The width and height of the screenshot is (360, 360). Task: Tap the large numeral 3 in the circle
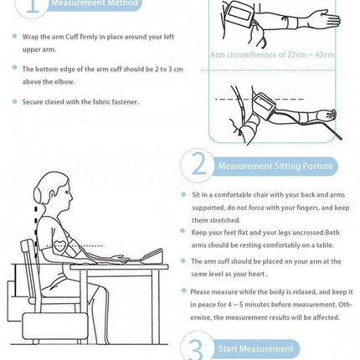tap(197, 349)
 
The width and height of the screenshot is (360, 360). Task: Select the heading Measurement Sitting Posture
tap(275, 166)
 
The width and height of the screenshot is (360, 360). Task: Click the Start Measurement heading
tap(255, 349)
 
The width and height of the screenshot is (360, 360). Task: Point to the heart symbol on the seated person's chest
tap(60, 246)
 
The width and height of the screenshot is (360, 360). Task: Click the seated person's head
tap(53, 191)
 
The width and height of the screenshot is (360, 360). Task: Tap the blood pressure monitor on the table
tap(152, 256)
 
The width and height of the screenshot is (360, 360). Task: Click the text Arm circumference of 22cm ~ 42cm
tap(272, 54)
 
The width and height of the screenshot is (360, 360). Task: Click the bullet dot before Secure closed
tap(14, 101)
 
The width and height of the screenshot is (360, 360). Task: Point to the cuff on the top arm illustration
tap(240, 13)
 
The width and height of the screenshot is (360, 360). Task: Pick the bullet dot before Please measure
tap(183, 291)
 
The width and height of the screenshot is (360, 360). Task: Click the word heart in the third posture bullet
tap(256, 274)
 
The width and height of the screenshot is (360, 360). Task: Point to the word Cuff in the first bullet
tap(72, 37)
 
